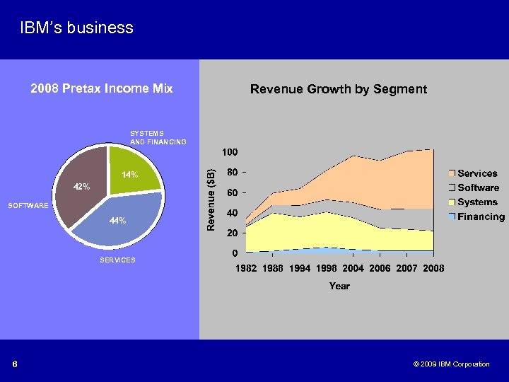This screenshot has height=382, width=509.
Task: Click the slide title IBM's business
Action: (x=76, y=28)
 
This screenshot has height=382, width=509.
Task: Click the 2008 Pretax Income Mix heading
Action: (x=102, y=88)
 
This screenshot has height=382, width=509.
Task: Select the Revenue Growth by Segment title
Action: (x=339, y=89)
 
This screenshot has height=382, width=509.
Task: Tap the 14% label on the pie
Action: (x=129, y=175)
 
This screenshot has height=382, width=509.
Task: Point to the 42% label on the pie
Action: (x=81, y=187)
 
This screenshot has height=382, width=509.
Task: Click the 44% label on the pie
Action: (x=117, y=221)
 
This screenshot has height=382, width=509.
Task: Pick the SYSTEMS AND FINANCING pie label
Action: (x=158, y=137)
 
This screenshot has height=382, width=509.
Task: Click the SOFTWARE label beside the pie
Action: (x=28, y=206)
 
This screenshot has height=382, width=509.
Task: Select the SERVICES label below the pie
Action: (x=117, y=260)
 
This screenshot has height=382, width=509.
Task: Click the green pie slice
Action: (x=134, y=166)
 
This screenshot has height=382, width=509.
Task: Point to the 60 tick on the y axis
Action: (x=232, y=192)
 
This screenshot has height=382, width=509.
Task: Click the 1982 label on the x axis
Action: (x=246, y=269)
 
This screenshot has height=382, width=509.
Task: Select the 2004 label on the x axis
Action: (x=353, y=269)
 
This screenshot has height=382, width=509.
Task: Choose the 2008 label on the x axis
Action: (x=433, y=269)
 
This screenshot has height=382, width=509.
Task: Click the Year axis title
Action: (x=339, y=286)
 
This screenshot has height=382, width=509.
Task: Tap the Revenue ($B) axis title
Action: (x=211, y=197)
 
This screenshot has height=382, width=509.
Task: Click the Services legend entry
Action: (x=477, y=173)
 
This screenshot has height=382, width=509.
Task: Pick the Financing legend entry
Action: (x=481, y=217)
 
